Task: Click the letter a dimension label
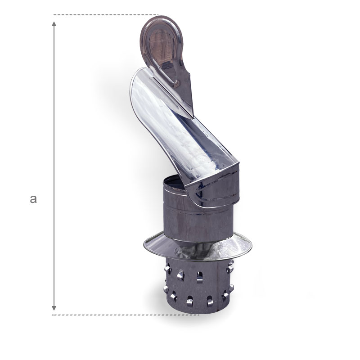(x=33, y=199)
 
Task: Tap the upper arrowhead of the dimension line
(x=54, y=24)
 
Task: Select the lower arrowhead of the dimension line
(x=54, y=308)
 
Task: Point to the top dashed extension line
(x=106, y=15)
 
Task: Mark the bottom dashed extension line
(x=126, y=315)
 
